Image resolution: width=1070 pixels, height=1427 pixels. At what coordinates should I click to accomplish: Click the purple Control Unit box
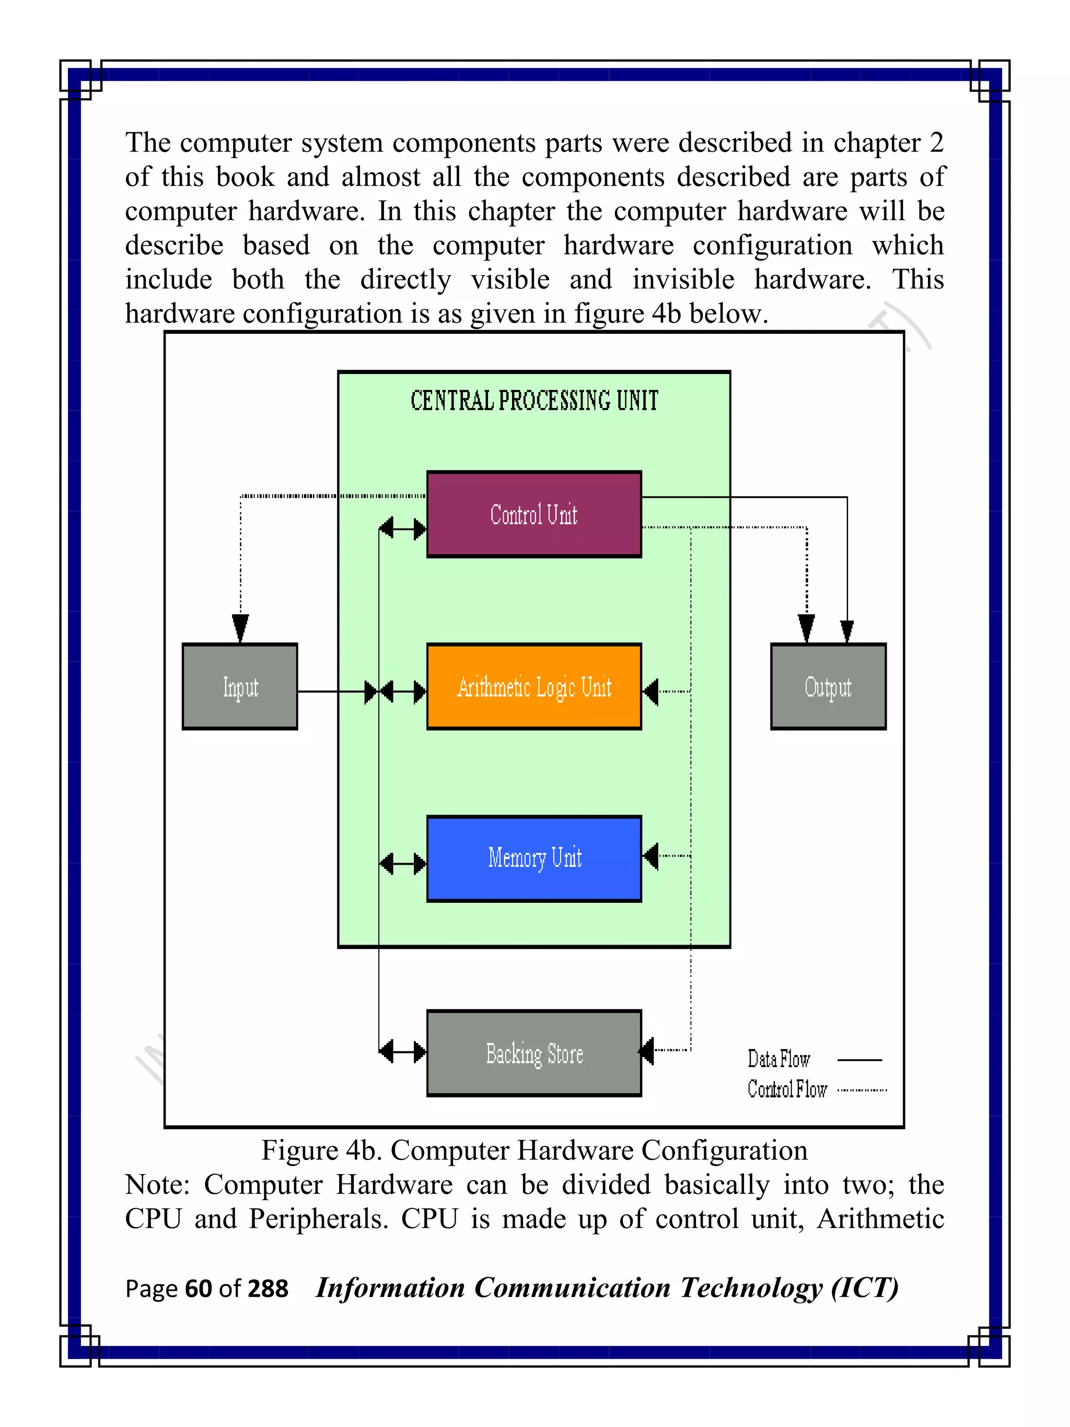point(533,514)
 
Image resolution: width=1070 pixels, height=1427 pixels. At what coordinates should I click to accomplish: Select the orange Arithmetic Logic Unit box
point(533,687)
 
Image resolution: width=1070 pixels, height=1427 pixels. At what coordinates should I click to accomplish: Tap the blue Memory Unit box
point(533,858)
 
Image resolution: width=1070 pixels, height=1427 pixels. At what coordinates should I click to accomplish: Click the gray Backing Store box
point(533,1053)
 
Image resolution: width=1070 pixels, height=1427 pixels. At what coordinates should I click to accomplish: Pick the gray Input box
point(240,687)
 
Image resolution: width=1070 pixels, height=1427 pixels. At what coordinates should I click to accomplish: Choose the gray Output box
point(828,687)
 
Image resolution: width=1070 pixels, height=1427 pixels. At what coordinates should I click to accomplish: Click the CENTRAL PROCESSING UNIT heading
point(534,401)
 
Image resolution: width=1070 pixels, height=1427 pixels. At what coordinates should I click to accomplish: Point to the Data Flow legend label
point(778,1059)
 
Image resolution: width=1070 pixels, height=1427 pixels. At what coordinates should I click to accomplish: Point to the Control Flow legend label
point(786,1089)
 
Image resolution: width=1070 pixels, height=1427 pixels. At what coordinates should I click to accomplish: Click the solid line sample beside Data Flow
point(858,1059)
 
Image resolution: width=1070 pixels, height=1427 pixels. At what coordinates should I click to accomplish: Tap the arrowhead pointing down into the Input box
point(240,628)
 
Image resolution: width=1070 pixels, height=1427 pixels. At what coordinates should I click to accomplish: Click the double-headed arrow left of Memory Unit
point(402,863)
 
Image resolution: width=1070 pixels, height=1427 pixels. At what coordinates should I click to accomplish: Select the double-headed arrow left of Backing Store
point(402,1051)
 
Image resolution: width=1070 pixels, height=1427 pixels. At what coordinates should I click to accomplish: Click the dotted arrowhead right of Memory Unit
point(652,856)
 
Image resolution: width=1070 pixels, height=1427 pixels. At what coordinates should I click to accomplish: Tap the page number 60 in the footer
point(198,1289)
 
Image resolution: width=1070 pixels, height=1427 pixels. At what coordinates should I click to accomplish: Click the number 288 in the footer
point(267,1289)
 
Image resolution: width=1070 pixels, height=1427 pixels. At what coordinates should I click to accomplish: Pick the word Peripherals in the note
point(318,1219)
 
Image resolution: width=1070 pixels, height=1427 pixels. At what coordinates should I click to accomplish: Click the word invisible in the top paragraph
point(682,280)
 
